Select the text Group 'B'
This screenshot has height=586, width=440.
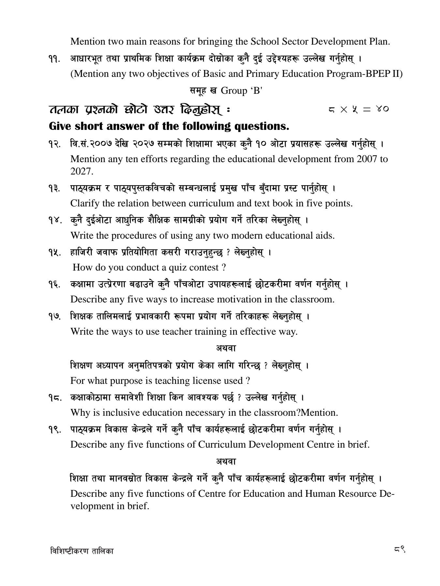[242, 91]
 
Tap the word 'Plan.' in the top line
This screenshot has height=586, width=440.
[380, 42]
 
